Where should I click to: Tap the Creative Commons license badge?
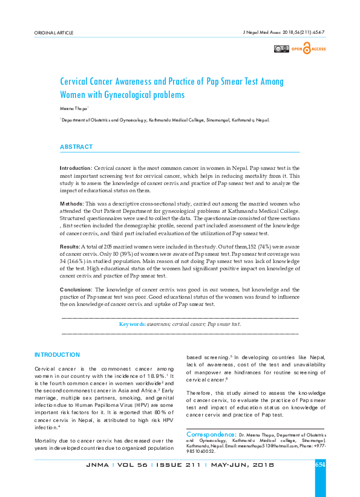[281, 48]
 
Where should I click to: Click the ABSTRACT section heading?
[76, 147]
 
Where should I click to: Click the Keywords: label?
[132, 324]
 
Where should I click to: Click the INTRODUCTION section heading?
[57, 354]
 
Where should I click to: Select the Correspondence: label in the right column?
[211, 434]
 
